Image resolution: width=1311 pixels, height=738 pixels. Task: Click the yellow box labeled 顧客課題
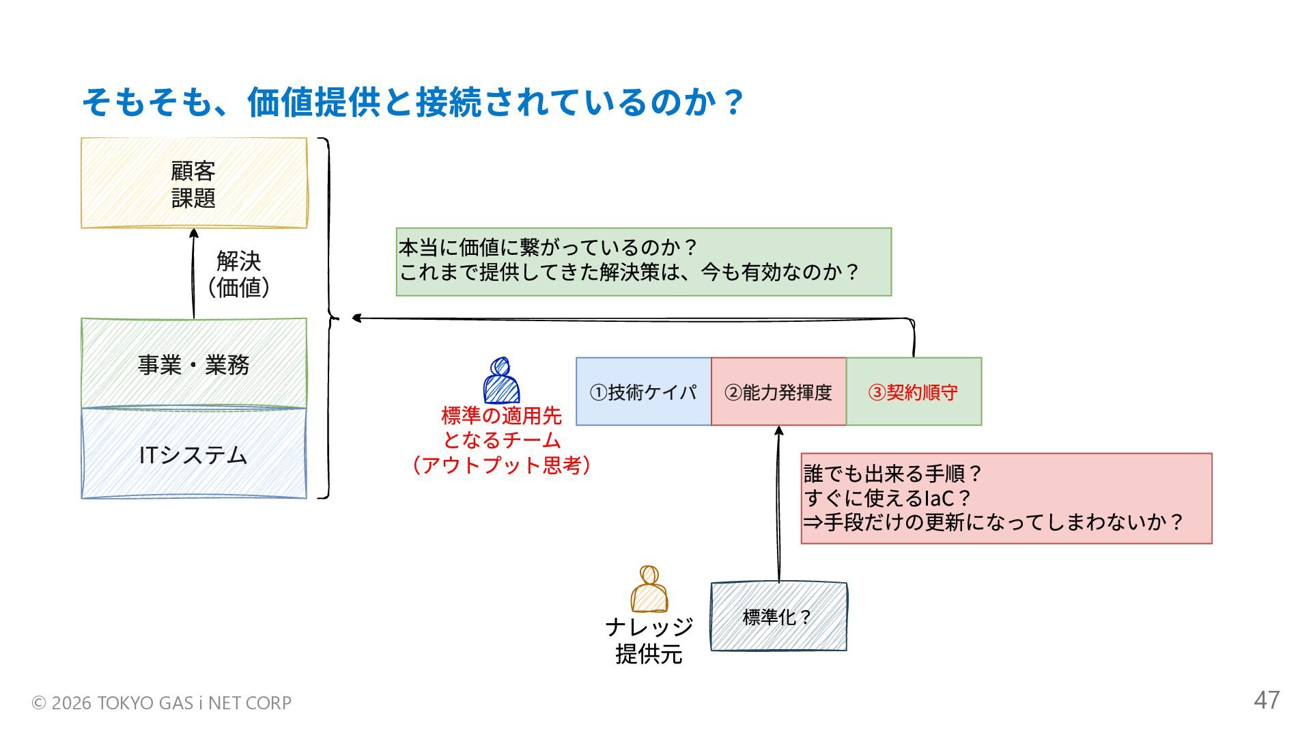[194, 183]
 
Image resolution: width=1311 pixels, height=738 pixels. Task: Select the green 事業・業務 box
[194, 364]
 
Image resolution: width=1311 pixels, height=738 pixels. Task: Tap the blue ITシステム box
[194, 454]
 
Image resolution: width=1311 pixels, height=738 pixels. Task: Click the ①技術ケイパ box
[643, 392]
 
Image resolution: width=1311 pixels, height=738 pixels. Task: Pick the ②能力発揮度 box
[778, 392]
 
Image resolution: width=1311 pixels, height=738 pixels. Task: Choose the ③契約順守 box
[914, 392]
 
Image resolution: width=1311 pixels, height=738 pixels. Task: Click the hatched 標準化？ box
[778, 616]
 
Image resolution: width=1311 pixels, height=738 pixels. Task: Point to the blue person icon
[501, 381]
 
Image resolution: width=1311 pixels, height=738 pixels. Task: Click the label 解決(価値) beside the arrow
[238, 274]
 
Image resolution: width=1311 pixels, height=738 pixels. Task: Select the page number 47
[1267, 700]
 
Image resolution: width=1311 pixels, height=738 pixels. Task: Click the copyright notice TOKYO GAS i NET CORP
[162, 702]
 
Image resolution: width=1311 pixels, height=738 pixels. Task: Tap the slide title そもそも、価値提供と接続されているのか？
[412, 102]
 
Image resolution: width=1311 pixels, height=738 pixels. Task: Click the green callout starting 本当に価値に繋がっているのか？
[643, 262]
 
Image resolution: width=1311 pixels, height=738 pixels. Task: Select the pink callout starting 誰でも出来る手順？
[1006, 498]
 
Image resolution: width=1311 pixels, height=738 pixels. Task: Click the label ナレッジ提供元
[649, 640]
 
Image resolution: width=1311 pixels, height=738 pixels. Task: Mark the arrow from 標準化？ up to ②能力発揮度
[778, 506]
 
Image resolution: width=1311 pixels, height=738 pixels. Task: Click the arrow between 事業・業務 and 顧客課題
[194, 273]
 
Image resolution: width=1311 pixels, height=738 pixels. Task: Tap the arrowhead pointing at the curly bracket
[356, 318]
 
